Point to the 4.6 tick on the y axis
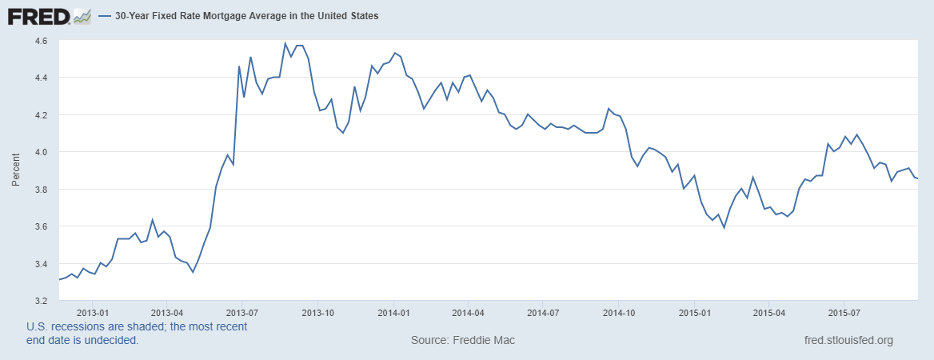pos(41,40)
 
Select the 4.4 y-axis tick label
pos(41,78)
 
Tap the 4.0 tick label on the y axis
pos(41,152)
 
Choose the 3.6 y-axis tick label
pos(41,226)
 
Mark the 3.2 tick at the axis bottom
pos(41,301)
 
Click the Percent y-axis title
pos(16,170)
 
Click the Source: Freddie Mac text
pos(463,340)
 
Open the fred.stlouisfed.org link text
pos(848,340)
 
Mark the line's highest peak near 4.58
pos(285,43)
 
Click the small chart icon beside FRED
pos(82,15)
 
